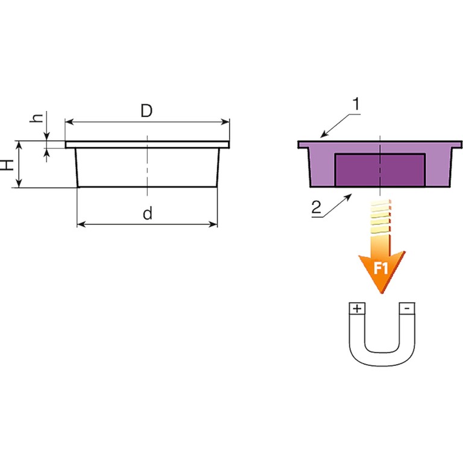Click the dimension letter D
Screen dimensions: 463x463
click(146, 111)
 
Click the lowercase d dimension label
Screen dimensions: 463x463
click(148, 213)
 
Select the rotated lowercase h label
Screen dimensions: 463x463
click(36, 118)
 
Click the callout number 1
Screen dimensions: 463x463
click(357, 104)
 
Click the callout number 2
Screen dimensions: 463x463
click(317, 207)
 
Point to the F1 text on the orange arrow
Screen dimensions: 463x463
click(380, 268)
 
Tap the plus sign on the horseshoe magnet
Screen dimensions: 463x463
click(357, 309)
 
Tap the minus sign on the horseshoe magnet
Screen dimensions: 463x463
click(407, 308)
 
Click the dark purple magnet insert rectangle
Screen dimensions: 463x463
click(380, 171)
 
